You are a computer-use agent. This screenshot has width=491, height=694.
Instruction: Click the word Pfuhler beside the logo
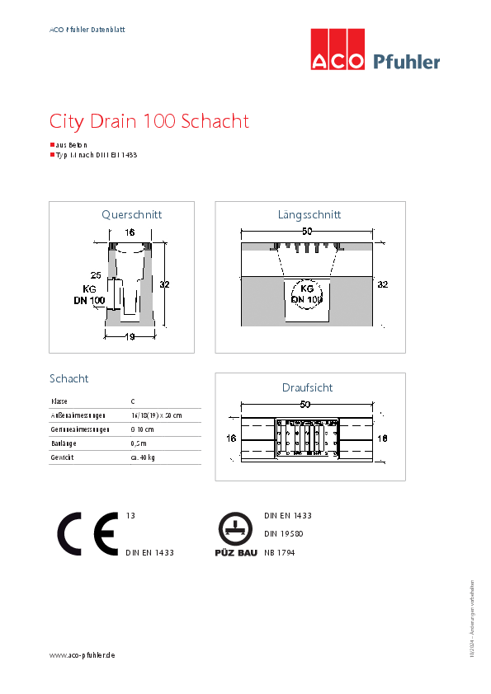tap(406, 61)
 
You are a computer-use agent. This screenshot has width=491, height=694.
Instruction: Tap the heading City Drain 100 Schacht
tap(149, 122)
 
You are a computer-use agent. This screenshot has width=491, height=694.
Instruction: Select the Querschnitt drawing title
tap(131, 214)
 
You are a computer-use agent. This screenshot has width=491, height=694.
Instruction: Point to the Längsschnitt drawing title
tap(309, 214)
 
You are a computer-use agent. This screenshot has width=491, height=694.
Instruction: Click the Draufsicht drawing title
tap(308, 387)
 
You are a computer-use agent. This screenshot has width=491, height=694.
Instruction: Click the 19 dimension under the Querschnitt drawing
tap(130, 336)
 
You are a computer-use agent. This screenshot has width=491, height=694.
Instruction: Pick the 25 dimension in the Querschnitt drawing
tap(96, 274)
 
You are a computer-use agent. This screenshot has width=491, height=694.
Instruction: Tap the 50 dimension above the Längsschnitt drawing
tap(306, 232)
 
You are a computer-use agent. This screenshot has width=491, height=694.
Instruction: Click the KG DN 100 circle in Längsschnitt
tap(306, 294)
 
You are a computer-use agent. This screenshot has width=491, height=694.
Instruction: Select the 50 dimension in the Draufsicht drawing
tap(305, 405)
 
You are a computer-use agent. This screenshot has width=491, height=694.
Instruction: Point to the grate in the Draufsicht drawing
tap(307, 438)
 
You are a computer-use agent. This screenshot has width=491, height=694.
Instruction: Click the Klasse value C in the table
tap(134, 401)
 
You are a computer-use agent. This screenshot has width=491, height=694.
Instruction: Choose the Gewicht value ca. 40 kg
tap(143, 457)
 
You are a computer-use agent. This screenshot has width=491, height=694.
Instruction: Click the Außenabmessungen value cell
tap(156, 415)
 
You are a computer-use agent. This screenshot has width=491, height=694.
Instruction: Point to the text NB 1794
tap(279, 553)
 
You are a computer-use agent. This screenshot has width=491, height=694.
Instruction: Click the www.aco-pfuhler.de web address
tap(82, 654)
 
